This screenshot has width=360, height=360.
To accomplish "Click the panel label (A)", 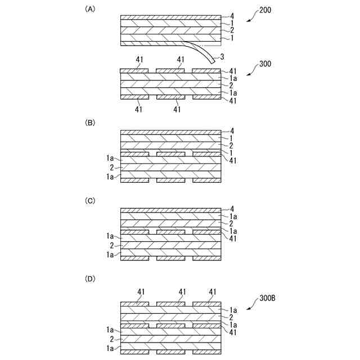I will [x=89, y=10].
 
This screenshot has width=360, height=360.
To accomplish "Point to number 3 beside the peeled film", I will [x=223, y=56].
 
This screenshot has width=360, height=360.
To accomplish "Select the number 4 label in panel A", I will [x=231, y=16].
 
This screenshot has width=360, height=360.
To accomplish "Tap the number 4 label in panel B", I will [x=231, y=131].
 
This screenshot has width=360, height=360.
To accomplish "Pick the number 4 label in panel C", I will [x=231, y=209].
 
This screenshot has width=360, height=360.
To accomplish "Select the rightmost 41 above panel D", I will [x=213, y=291].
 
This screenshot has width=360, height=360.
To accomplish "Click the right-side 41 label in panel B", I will [x=233, y=160].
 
